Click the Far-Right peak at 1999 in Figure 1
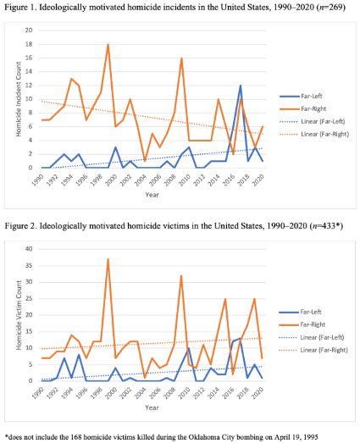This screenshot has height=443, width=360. click(x=108, y=44)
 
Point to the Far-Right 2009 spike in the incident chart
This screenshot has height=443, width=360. click(x=181, y=58)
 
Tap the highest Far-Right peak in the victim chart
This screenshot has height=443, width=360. click(x=108, y=259)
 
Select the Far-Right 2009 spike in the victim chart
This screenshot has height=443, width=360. click(x=181, y=275)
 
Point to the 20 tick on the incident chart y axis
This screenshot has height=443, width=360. click(x=28, y=30)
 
